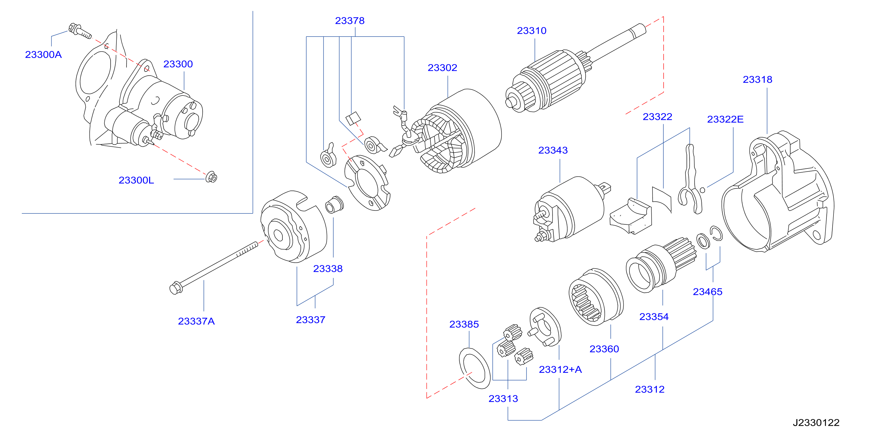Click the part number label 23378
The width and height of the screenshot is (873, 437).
[349, 21]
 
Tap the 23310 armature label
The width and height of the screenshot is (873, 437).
[531, 30]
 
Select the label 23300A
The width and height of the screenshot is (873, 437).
[43, 54]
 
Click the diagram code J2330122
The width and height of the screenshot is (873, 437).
[816, 423]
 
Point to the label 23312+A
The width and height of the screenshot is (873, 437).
[560, 369]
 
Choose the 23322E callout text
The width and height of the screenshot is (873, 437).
[725, 119]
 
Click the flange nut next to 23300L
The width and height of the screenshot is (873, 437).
[211, 177]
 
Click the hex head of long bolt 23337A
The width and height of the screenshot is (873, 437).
[175, 288]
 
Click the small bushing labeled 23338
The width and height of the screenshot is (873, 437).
[334, 204]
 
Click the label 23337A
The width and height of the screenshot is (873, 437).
[196, 321]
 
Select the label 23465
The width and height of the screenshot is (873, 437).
[708, 292]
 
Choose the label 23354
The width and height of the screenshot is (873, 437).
[654, 317]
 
